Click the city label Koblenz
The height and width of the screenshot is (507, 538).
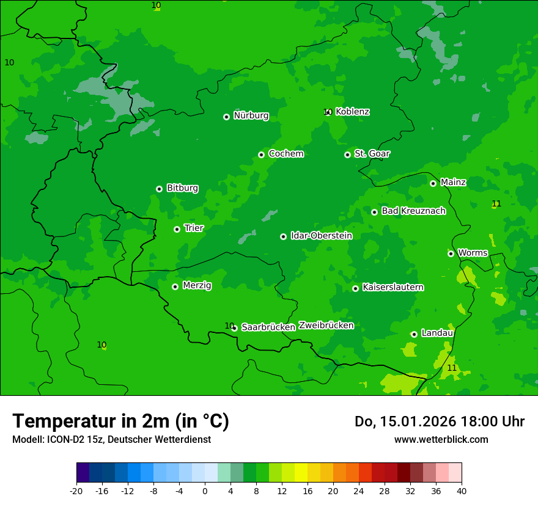352,112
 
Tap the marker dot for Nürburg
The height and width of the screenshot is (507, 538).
226,117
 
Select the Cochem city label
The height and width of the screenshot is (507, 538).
286,154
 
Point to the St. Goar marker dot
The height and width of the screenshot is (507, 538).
347,155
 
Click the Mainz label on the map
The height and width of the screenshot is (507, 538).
453,183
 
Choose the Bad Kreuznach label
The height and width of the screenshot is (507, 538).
413,211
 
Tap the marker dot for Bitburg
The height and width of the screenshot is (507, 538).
159,189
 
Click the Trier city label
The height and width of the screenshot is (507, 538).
194,228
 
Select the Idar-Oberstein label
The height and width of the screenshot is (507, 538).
321,236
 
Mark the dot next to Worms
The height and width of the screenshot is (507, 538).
451,253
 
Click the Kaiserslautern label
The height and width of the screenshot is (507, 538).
393,288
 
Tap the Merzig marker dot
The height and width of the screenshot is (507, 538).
175,286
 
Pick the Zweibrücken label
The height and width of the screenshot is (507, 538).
326,326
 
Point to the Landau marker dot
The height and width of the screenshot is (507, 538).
414,334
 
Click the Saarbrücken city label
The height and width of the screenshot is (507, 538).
268,327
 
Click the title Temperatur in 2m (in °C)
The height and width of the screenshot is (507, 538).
120,421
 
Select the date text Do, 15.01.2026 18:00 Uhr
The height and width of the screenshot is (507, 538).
440,421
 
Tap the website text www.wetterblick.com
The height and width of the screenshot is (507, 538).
441,439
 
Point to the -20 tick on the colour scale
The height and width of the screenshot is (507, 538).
76,491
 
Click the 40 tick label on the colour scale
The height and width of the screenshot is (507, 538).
462,491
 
